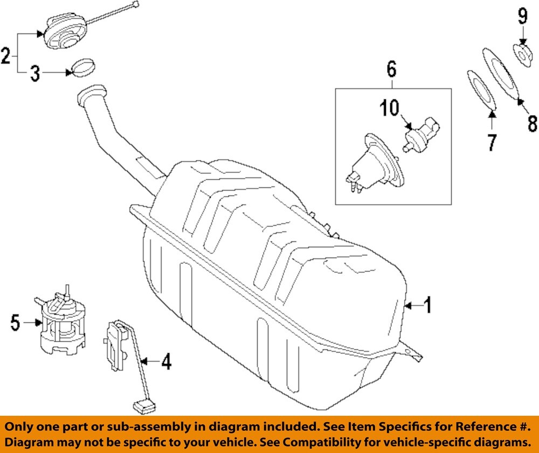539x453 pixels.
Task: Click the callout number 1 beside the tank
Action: (427, 306)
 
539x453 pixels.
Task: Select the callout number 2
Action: (6, 56)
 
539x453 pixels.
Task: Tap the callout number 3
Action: (34, 73)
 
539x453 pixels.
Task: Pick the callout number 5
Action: (15, 323)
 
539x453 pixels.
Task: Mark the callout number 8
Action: (532, 124)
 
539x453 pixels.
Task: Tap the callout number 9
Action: (522, 16)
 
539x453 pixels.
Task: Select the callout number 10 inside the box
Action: (390, 108)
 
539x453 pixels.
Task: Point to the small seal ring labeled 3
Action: (82, 66)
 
